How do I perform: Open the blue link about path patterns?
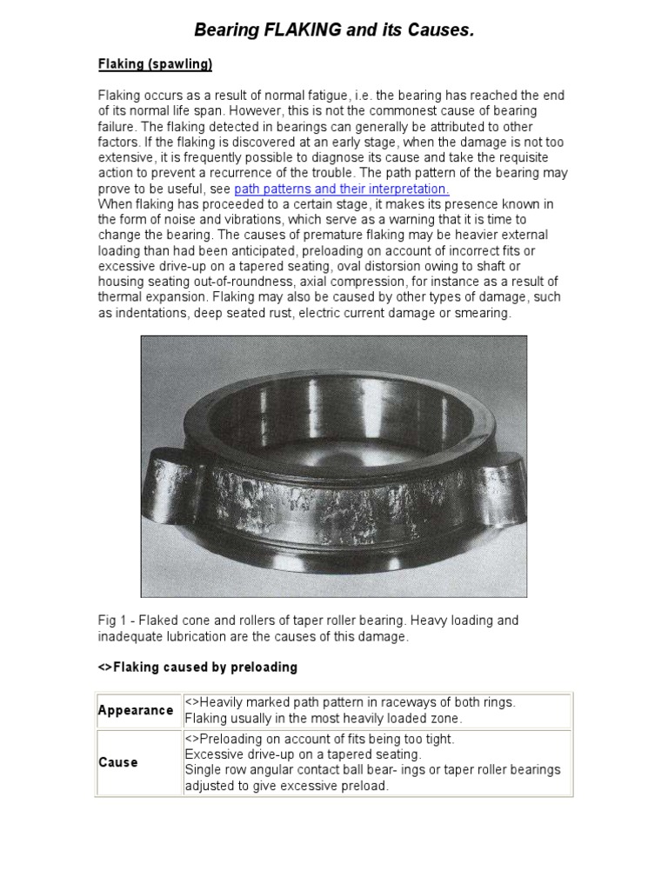pos(341,189)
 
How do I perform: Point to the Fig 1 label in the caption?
pos(111,621)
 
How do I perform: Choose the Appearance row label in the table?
pos(136,710)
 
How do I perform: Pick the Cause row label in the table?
pos(118,762)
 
